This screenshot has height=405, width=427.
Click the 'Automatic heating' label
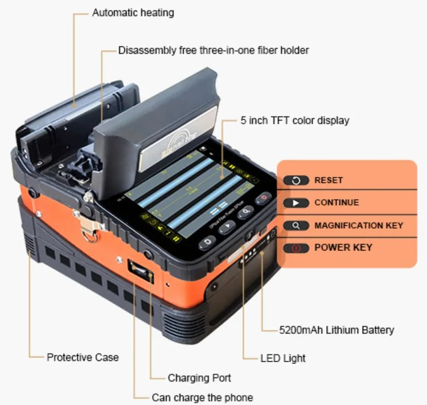pyautogui.click(x=133, y=12)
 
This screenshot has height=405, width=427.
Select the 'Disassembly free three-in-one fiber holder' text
pyautogui.click(x=213, y=50)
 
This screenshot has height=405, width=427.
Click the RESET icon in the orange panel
pyautogui.click(x=296, y=180)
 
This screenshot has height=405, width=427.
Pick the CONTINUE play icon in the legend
pyautogui.click(x=296, y=202)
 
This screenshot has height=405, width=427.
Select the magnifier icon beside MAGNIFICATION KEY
pyautogui.click(x=296, y=225)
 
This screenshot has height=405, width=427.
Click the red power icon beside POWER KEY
pyautogui.click(x=296, y=248)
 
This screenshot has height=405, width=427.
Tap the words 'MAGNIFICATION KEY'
pyautogui.click(x=359, y=225)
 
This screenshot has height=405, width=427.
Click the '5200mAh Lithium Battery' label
pyautogui.click(x=336, y=330)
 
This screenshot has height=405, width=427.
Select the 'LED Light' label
pyautogui.click(x=283, y=358)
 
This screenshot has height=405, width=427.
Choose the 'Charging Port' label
pyautogui.click(x=199, y=378)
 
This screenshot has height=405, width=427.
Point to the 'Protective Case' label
pyautogui.click(x=83, y=357)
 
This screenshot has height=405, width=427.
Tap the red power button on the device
pyautogui.click(x=264, y=199)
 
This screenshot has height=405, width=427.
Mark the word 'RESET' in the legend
pyautogui.click(x=329, y=180)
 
